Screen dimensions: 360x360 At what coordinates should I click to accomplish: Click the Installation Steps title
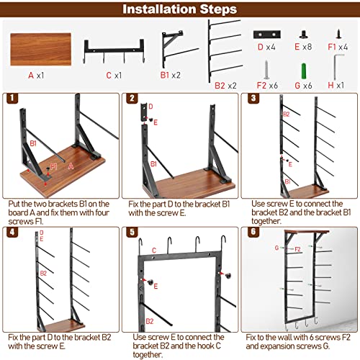(x=179, y=9)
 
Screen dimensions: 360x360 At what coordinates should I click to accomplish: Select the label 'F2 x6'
(x=267, y=86)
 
